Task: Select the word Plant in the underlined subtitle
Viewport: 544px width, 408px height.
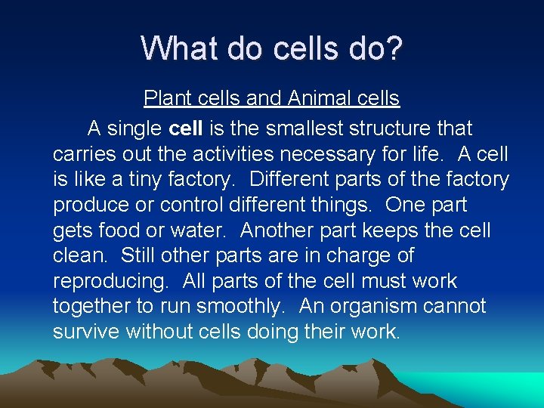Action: pos(165,98)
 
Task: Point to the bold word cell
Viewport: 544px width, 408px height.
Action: pos(186,128)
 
